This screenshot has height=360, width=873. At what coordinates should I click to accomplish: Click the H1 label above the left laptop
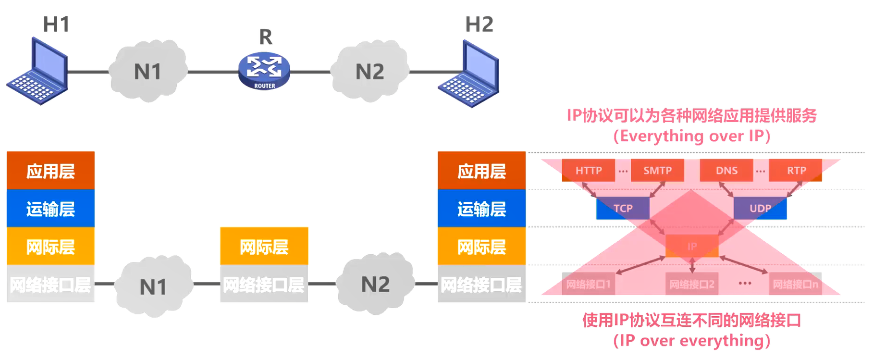pos(56,24)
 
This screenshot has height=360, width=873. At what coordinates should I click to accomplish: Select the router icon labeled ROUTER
pos(264,71)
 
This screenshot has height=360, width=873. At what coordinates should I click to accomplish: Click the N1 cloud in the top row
pos(148,72)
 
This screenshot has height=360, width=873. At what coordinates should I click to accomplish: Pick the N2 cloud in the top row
pos(369,72)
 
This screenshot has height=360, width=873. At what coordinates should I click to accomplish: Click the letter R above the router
pos(266,37)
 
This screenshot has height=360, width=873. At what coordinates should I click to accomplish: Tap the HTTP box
pos(588,171)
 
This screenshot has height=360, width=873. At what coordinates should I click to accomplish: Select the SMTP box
pos(657,171)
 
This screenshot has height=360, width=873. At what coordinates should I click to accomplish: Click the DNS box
pos(726,171)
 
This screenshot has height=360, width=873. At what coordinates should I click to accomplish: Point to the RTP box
pos(796,171)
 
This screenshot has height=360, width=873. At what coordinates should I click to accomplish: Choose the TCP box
pos(623,208)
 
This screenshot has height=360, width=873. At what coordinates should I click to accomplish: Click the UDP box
pos(760,208)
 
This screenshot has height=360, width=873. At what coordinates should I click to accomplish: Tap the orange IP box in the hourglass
pos(692,246)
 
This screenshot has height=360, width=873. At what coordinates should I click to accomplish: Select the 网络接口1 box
pos(588,284)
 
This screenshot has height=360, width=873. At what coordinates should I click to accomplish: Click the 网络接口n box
pos(795,284)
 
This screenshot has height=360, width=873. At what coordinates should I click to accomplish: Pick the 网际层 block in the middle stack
pos(264,246)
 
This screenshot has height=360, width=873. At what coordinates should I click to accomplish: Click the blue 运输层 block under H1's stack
pos(50,208)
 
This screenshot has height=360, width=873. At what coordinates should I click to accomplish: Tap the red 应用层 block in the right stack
pos(481,171)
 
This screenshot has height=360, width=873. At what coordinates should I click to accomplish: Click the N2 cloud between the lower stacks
pos(375,285)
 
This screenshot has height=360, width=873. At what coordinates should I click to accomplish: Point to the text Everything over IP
pos(692,136)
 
